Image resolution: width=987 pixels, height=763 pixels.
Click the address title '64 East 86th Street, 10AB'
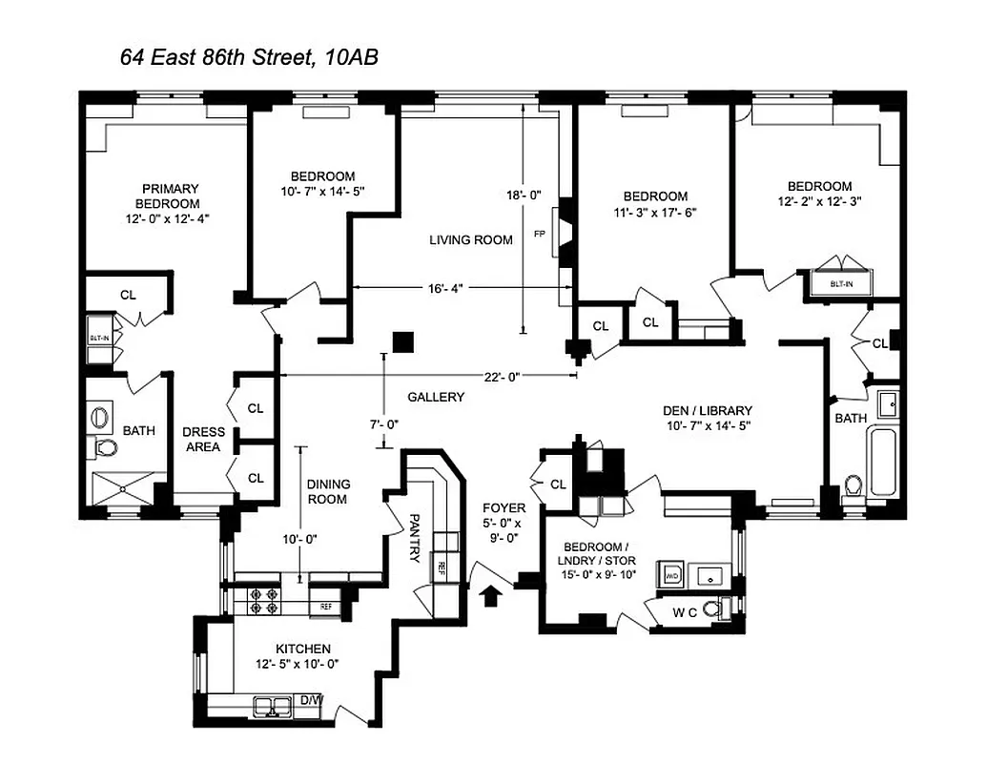pos(249,58)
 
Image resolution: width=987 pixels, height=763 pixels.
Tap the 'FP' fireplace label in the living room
pos(540,233)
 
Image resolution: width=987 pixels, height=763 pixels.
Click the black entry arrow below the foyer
pos(492,596)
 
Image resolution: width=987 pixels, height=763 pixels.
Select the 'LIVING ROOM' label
pos(470,240)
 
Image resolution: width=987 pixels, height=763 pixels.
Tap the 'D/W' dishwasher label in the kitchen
pos(311,701)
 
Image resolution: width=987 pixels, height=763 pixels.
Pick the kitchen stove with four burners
pos(263,600)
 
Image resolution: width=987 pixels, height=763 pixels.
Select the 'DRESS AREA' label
pos(202,439)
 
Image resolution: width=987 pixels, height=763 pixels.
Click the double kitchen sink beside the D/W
pos(272,706)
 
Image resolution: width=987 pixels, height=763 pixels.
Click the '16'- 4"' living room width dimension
pos(448,287)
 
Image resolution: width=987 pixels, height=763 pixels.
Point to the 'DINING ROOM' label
pos(327,491)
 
